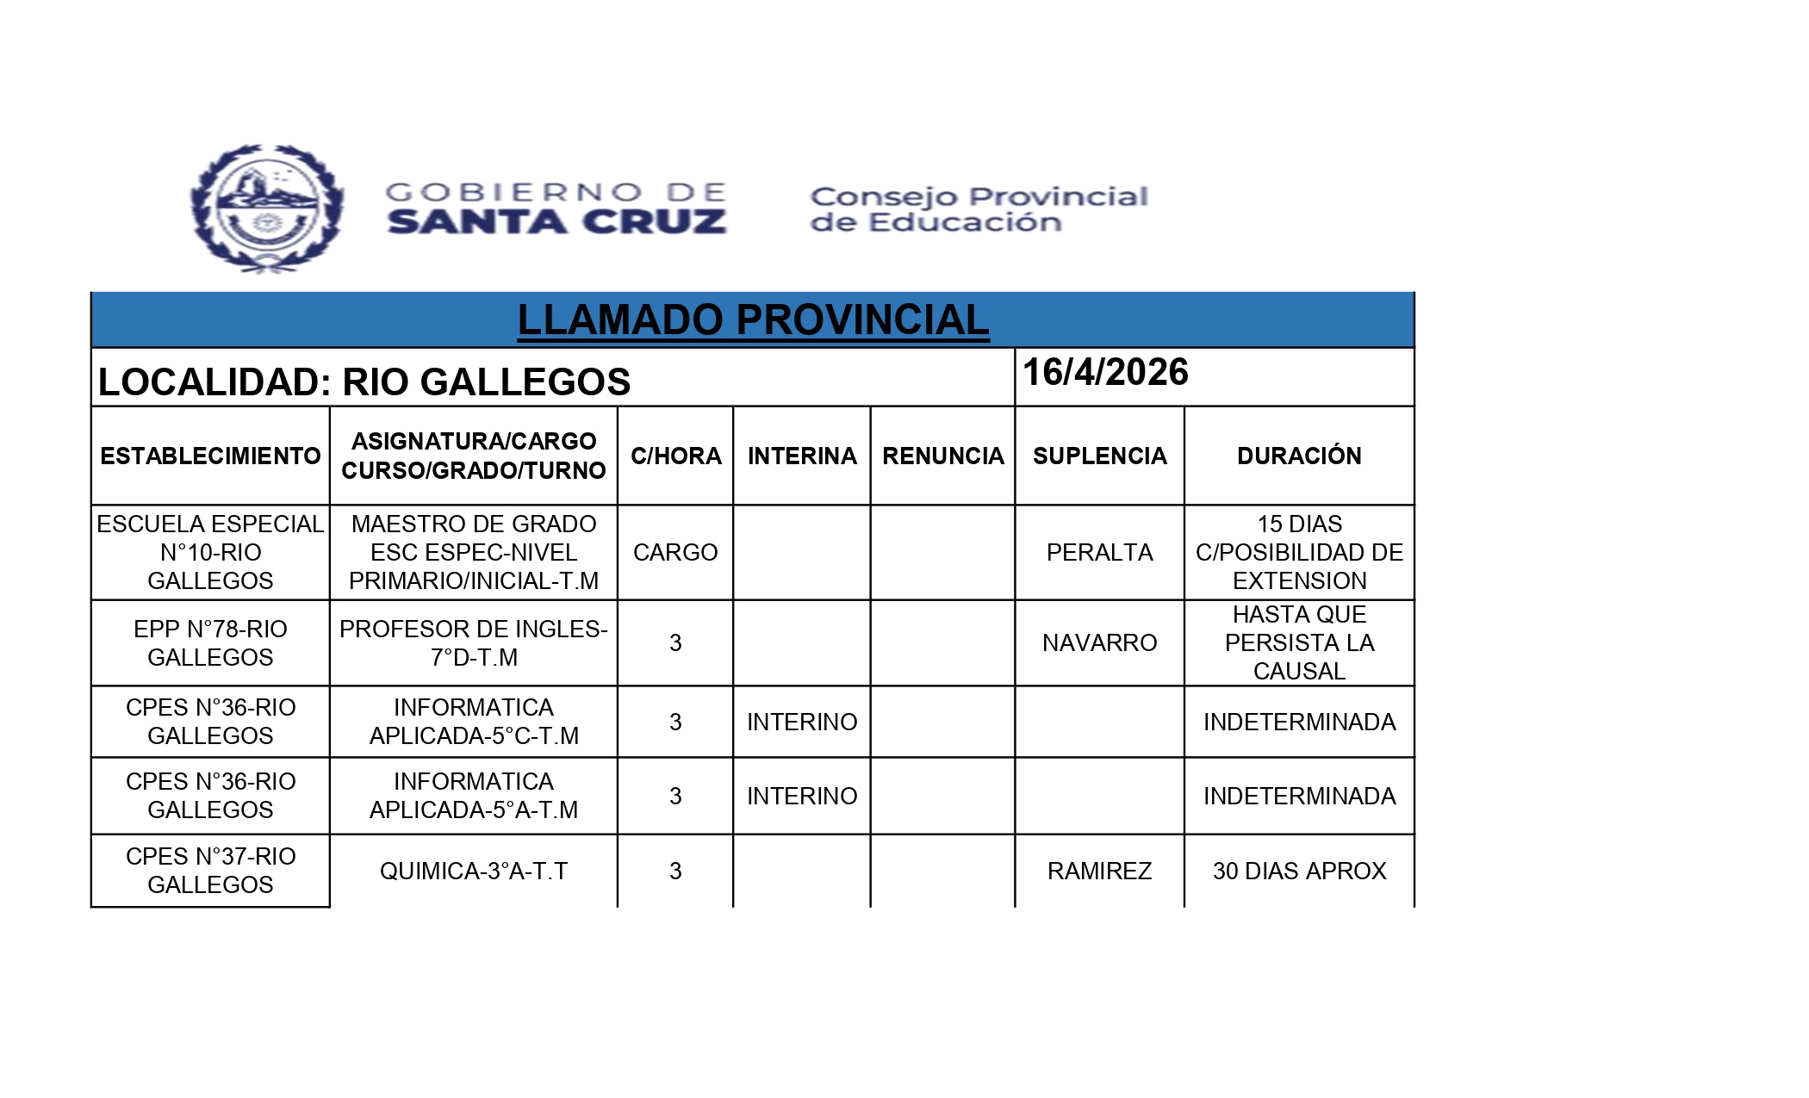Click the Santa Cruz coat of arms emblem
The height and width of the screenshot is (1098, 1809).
tap(267, 208)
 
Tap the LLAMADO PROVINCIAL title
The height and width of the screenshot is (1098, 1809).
tap(753, 320)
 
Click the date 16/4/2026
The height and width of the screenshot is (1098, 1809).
tap(1105, 373)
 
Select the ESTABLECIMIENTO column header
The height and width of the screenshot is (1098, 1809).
tap(210, 456)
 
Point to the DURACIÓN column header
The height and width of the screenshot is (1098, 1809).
tap(1299, 456)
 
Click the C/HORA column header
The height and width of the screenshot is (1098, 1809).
tap(675, 456)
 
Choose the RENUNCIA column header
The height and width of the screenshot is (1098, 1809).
tap(942, 456)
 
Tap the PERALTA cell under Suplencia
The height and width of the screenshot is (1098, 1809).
tap(1099, 552)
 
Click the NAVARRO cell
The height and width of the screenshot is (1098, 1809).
tap(1099, 642)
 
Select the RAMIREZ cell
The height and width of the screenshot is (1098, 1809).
tap(1099, 871)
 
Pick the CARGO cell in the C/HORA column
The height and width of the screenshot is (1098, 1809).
tap(675, 552)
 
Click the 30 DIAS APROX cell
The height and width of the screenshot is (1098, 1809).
tap(1299, 871)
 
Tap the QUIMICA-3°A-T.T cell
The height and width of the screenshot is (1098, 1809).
tap(474, 871)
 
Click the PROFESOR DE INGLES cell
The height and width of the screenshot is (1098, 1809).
tap(474, 642)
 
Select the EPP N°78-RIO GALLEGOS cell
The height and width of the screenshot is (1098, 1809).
tap(210, 642)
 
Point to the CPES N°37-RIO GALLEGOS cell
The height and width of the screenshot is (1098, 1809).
tap(210, 870)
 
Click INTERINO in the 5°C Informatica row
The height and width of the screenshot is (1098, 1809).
tap(802, 722)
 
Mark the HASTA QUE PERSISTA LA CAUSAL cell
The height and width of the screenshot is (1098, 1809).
tap(1299, 642)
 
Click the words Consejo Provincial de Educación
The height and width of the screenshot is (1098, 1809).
tap(979, 209)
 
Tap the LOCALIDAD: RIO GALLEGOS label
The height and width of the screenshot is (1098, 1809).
tap(364, 382)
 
